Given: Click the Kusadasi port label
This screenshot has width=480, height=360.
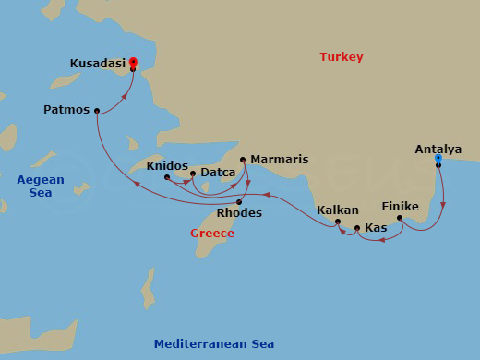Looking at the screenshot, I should [x=97, y=64].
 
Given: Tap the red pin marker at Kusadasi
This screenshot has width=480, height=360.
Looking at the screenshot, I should [x=133, y=62].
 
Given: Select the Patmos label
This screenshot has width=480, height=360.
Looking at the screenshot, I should [x=66, y=110].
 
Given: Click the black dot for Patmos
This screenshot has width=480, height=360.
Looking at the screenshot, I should [x=96, y=111].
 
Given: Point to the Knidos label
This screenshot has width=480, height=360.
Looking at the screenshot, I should [x=166, y=166].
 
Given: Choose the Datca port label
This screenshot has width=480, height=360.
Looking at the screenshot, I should [x=218, y=173].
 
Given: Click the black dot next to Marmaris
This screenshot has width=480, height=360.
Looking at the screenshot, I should [x=243, y=160].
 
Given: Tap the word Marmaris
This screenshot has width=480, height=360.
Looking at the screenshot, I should [x=279, y=159].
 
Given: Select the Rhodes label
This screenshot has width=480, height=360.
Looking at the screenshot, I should [x=239, y=213].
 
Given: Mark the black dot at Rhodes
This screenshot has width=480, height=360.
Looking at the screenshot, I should [x=239, y=202].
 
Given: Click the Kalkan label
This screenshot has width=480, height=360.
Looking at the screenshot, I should [x=338, y=210].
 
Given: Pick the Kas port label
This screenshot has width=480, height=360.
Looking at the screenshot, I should [x=376, y=227].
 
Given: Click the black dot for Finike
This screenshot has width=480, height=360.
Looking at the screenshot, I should [x=399, y=219].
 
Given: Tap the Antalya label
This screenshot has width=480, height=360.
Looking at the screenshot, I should [x=438, y=149].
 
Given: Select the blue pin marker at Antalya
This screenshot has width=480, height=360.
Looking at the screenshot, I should [x=438, y=159].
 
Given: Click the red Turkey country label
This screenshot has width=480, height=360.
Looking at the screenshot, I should [x=342, y=57].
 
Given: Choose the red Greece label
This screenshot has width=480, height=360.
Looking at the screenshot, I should [x=212, y=234].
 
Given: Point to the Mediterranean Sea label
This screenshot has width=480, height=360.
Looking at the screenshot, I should [x=214, y=344].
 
